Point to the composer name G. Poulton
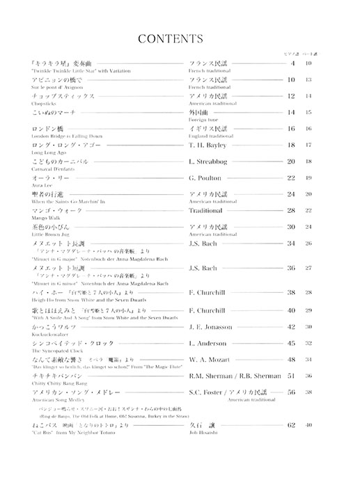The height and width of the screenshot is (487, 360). click(x=206, y=177)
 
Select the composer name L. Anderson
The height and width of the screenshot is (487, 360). click(x=208, y=343)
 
